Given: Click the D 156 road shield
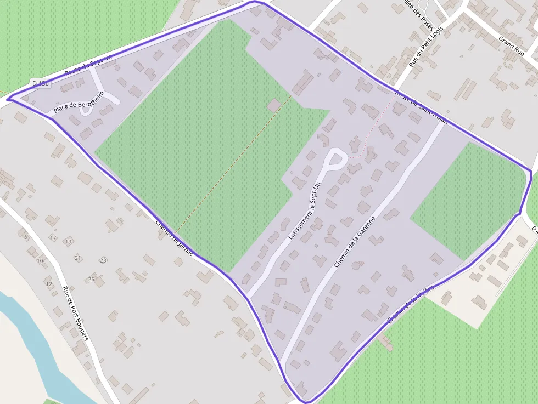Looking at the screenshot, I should click(x=40, y=83).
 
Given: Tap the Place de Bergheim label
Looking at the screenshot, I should click(x=79, y=105).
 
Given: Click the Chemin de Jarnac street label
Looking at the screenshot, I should click(x=174, y=238).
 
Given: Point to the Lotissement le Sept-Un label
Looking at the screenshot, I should click(x=304, y=211).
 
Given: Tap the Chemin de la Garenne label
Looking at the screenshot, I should click(x=355, y=242).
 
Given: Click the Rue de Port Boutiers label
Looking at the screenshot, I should click(x=75, y=313).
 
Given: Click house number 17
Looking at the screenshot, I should click(x=53, y=238).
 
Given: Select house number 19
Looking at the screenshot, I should click(x=68, y=241).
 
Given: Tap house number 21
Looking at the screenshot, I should click(x=78, y=258).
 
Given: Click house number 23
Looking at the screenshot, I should click(x=103, y=260).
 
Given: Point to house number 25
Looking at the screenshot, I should click(x=91, y=280).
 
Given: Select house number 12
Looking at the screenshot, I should click(x=49, y=284).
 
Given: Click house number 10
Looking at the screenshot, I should click(x=40, y=260).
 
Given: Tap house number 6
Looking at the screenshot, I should click(x=26, y=237).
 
